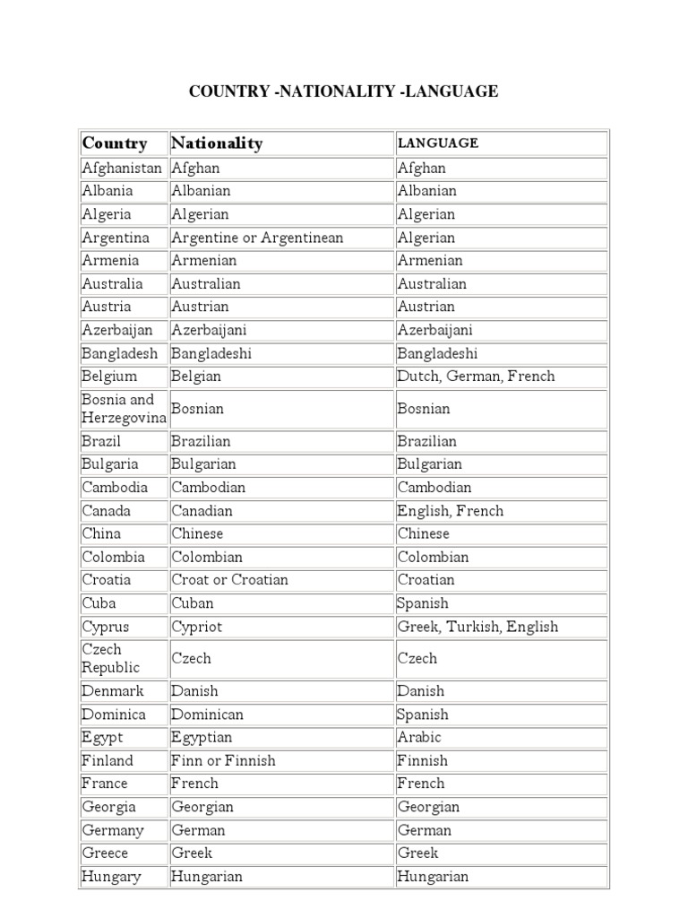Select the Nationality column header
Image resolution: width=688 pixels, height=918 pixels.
[217, 143]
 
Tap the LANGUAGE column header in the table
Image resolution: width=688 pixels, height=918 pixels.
[438, 143]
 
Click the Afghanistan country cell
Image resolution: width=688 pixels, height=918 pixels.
[122, 168]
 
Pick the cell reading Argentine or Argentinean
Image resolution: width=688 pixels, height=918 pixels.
[257, 238]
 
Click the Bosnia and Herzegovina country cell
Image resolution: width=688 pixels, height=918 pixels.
[124, 409]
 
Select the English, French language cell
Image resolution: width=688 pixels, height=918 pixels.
[451, 511]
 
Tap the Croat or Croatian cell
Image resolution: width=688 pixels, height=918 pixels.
[230, 580]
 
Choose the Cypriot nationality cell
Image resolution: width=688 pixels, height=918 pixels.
[197, 627]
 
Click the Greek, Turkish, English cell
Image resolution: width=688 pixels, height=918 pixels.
[477, 627]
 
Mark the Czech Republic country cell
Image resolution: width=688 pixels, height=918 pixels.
[111, 659]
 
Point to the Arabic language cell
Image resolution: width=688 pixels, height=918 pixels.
[419, 737]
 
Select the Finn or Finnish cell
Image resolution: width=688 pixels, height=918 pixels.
[224, 760]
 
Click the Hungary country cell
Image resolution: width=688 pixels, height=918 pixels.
[111, 877]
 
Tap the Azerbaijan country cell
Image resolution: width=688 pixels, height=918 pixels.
[117, 330]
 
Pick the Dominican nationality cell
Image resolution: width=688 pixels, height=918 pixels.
[208, 714]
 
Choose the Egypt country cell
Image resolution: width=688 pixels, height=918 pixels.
[103, 737]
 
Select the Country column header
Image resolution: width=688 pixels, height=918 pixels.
[115, 143]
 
